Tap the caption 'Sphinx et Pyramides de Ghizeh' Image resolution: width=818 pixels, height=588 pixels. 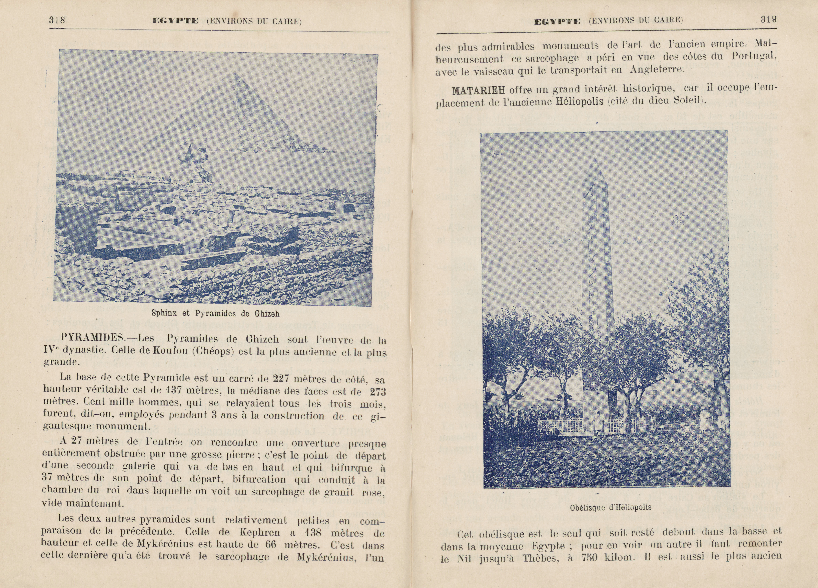[215, 313]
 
